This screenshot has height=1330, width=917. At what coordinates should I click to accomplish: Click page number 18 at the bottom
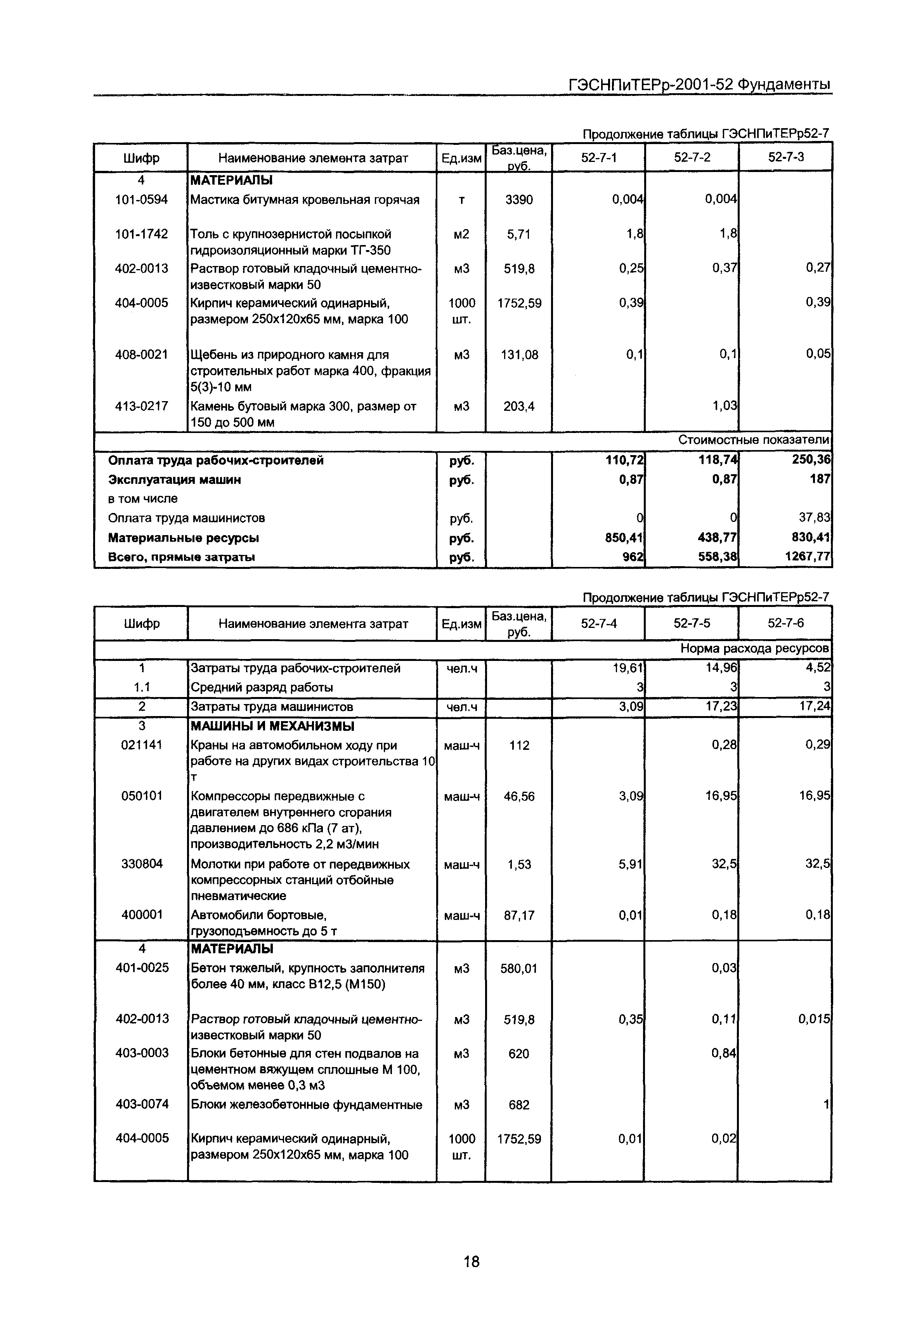pyautogui.click(x=471, y=1262)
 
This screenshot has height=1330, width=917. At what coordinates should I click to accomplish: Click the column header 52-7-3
pyautogui.click(x=785, y=158)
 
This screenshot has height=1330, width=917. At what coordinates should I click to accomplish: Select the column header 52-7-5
pyautogui.click(x=692, y=623)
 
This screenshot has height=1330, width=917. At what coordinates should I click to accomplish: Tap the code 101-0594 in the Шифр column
pyautogui.click(x=141, y=200)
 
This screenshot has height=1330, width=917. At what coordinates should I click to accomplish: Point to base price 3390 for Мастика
pyautogui.click(x=519, y=200)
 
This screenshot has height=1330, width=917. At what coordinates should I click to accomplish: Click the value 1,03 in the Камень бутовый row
pyautogui.click(x=725, y=406)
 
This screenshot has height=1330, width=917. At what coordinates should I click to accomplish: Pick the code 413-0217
pyautogui.click(x=141, y=406)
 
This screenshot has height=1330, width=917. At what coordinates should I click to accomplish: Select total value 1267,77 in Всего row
pyautogui.click(x=808, y=556)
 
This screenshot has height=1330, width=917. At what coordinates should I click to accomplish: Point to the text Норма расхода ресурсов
pyautogui.click(x=755, y=648)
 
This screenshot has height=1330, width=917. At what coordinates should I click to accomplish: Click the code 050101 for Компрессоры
pyautogui.click(x=141, y=796)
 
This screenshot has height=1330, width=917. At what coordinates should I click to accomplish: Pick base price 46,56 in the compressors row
pyautogui.click(x=519, y=796)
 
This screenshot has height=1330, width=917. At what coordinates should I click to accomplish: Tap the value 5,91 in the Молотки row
pyautogui.click(x=631, y=864)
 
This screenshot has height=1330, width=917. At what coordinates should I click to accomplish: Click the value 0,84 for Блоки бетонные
pyautogui.click(x=724, y=1053)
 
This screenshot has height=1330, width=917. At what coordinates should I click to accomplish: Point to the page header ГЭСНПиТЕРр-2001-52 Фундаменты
pyautogui.click(x=699, y=85)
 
